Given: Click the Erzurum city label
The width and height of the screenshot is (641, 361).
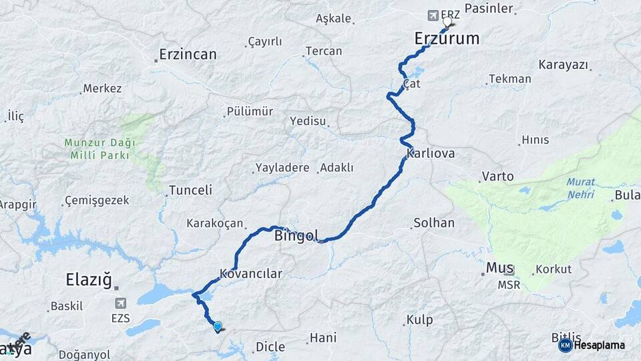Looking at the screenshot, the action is [447, 38].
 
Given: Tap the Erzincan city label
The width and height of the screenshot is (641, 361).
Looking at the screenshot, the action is [188, 54].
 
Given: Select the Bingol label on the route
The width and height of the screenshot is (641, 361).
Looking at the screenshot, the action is [296, 236].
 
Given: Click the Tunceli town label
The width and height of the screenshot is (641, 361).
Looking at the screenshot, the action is [190, 190].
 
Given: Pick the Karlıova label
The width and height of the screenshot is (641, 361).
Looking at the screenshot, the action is [431, 153].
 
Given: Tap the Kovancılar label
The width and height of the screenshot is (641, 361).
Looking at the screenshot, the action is [251, 273].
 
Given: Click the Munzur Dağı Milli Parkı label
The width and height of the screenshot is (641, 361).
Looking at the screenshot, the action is [99, 148].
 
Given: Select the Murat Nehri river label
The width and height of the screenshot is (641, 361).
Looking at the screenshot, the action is [580, 187].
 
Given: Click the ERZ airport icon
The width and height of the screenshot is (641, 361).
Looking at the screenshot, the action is [433, 15].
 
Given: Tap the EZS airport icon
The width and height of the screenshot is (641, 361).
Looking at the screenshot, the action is [121, 303].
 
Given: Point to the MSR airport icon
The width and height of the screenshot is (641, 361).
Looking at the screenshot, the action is [509, 271].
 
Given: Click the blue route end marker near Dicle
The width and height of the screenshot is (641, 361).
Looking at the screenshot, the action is [218, 326].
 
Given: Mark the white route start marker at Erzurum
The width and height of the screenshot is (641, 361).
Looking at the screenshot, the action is [447, 20].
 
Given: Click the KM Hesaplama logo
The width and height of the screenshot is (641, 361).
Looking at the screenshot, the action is [592, 345].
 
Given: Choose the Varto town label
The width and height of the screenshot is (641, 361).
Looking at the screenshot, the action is [497, 176].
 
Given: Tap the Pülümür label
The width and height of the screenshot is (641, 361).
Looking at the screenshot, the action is [250, 112].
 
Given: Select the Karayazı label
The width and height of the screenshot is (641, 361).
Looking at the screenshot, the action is [563, 65].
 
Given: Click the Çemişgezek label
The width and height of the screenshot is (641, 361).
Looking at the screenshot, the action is [100, 201].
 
